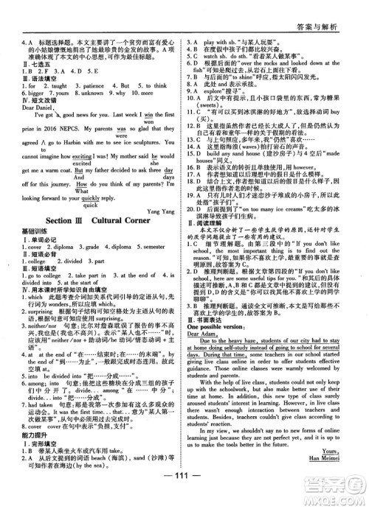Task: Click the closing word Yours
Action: coord(342,463)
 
